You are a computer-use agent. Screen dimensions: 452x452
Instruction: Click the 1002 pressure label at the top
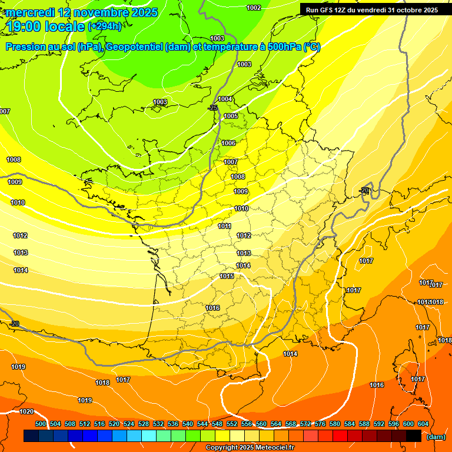tap(254, 8)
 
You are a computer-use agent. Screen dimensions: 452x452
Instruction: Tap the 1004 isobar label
tap(225, 99)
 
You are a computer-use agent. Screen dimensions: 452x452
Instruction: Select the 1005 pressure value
tap(231, 116)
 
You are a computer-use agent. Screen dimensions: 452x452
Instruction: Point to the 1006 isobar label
tap(228, 143)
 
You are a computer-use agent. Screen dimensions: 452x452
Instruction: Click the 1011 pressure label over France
tap(224, 226)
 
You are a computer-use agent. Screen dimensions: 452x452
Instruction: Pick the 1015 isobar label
tap(227, 276)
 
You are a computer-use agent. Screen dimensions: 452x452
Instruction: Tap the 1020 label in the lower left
tap(26, 411)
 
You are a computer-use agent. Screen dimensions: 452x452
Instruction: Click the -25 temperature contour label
tap(212, 108)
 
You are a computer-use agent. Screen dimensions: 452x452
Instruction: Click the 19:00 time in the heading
tap(25, 26)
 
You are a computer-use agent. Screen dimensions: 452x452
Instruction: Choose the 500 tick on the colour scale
tap(41, 424)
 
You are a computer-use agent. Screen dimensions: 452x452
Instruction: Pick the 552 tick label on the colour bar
tap(232, 424)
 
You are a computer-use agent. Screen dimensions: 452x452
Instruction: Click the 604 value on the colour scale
tap(423, 424)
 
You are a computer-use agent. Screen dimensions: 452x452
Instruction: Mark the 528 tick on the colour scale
tap(144, 424)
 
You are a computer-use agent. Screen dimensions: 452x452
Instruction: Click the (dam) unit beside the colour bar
tap(436, 437)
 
